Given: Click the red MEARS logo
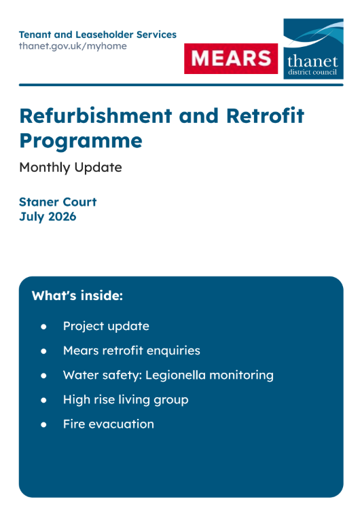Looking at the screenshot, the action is tap(231, 58).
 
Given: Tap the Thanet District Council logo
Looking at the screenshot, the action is tap(313, 49).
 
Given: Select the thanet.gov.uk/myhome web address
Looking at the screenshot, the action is tap(73, 46).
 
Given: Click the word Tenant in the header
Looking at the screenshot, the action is tap(35, 35).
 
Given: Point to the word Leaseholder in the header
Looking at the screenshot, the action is tap(105, 35).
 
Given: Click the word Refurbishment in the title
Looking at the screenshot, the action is tap(96, 115).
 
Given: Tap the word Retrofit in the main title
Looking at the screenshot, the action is tap(265, 115).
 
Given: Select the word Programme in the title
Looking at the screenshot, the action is tap(81, 141).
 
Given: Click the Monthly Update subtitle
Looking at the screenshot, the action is tap(71, 168).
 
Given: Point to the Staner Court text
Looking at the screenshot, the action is tap(58, 202).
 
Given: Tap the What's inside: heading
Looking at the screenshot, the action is tap(77, 295).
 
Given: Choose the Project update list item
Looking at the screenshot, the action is tap(106, 326).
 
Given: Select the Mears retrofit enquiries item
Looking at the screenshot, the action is tap(132, 350).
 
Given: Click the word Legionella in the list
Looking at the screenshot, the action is tap(175, 376).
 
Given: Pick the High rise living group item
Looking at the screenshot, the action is tap(126, 400).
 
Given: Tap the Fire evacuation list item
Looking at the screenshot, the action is tap(109, 424).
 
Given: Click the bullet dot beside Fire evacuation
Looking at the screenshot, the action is tap(43, 425).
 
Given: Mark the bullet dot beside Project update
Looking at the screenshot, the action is tap(43, 327).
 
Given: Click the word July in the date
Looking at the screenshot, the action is tap(32, 217).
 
